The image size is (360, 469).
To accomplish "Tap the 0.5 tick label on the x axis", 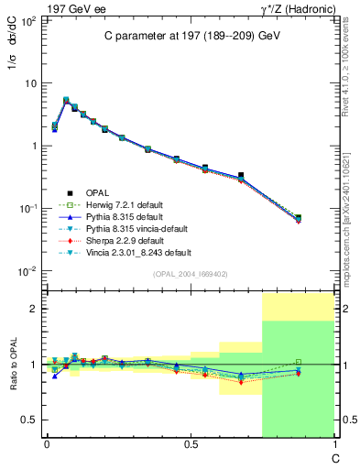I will point(191,444).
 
